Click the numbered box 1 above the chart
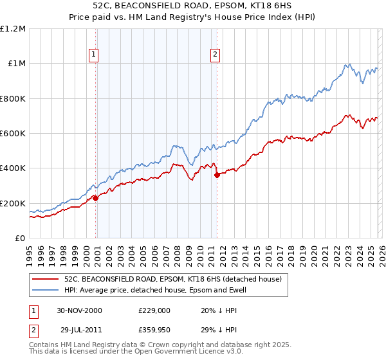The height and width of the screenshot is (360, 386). pos(94,55)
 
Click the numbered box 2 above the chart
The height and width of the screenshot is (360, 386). pos(214,55)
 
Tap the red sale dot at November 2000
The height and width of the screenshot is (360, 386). pos(96,198)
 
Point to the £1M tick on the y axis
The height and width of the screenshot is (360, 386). pos(15,64)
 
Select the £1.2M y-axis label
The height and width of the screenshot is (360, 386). pos(13,29)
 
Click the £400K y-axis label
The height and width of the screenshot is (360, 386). pos(13,168)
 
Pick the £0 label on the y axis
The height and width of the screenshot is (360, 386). pos(21,239)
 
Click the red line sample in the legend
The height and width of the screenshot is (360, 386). pos(46,280)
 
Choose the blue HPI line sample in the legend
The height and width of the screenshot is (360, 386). pos(46,291)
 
